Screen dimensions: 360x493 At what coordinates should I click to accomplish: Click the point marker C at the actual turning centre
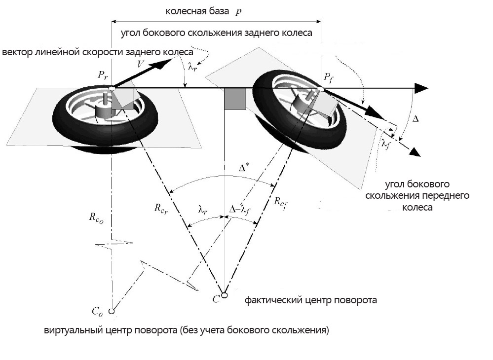pyautogui.click(x=224, y=295)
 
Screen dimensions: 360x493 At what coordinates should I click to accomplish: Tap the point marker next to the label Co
pyautogui.click(x=112, y=311)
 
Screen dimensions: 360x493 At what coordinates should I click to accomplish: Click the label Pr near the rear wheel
pyautogui.click(x=103, y=76)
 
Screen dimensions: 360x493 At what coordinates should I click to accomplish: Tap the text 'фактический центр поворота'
pyautogui.click(x=311, y=300)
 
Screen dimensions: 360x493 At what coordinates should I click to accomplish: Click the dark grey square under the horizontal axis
pyautogui.click(x=234, y=99)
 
